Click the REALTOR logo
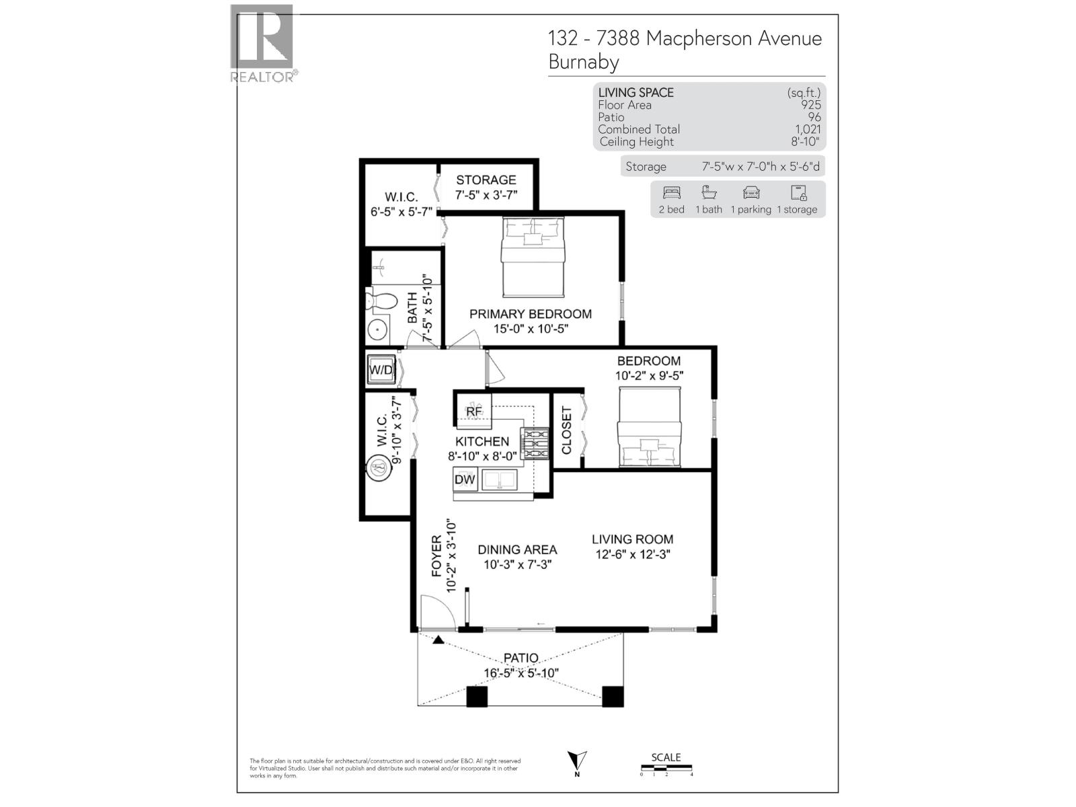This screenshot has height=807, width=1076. point(262,42)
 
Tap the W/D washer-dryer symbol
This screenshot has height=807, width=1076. point(381,370)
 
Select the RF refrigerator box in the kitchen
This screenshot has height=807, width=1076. point(474,411)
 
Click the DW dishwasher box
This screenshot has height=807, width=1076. point(465,479)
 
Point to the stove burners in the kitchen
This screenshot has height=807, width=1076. point(536,445)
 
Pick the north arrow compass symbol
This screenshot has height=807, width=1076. point(577,762)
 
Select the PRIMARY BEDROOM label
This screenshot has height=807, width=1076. point(531,314)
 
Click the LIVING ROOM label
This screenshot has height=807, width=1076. point(632,539)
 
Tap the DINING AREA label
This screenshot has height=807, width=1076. point(517,550)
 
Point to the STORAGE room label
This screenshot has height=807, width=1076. point(486,180)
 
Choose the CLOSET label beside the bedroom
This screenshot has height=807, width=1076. point(566,430)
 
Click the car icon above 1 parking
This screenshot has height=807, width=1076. point(751,193)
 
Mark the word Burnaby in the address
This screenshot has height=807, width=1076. point(584,62)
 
